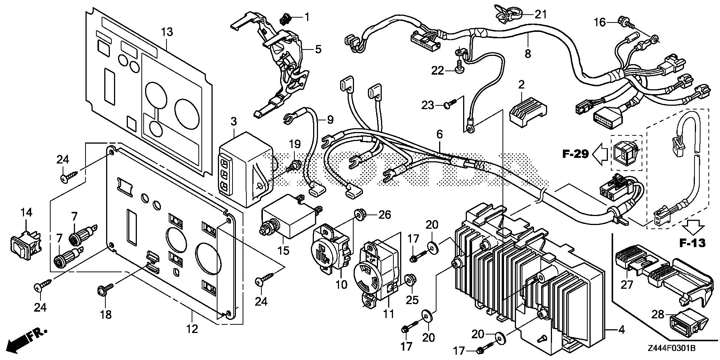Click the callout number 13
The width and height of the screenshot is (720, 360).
[167, 32]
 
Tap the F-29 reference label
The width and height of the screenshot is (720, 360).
[576, 154]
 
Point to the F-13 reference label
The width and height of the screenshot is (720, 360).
[692, 243]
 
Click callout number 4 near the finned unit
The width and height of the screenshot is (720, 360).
[621, 330]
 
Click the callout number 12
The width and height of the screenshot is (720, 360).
[192, 329]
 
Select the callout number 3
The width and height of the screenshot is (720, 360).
[234, 121]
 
